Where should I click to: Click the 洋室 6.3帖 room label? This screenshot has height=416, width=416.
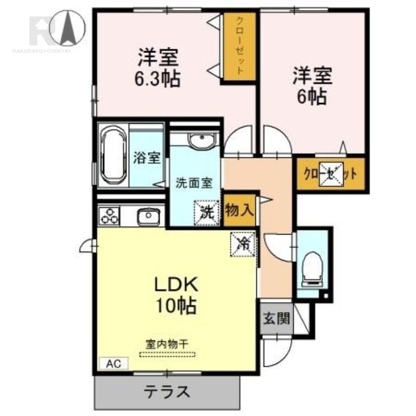[x=158, y=68]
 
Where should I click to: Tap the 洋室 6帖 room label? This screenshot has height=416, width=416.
[x=313, y=86]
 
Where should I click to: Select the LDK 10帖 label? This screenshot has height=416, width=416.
[x=176, y=295]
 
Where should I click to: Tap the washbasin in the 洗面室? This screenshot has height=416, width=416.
[x=202, y=140]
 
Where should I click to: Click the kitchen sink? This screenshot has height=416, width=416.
[x=149, y=216]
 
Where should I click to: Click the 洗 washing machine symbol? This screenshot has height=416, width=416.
[x=207, y=213]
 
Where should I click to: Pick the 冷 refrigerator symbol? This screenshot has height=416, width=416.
[x=243, y=244]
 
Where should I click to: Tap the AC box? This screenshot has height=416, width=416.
[x=113, y=363]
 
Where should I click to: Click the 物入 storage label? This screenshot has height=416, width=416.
[x=239, y=210]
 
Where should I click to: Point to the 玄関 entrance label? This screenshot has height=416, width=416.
[x=276, y=318]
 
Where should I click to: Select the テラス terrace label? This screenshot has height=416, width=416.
[x=167, y=392]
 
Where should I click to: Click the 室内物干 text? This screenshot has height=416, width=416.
[x=167, y=344]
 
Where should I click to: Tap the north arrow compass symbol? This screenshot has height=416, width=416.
[x=68, y=28]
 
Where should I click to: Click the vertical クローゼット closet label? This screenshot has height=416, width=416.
[x=240, y=46]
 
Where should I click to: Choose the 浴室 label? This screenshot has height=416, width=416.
[x=147, y=158]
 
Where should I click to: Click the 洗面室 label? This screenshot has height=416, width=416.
[x=194, y=183]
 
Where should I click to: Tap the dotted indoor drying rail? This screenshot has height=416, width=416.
[x=167, y=354]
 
